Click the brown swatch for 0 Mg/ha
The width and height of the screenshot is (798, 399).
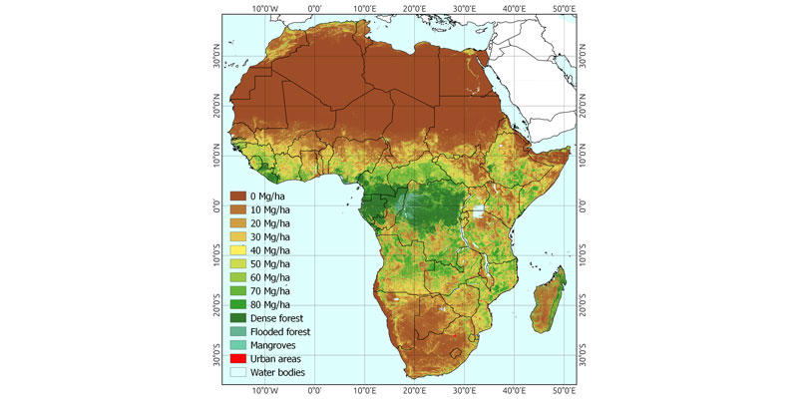click(x=239, y=197)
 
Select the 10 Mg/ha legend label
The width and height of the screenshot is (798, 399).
click(x=276, y=209)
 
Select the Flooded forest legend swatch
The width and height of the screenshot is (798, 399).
click(x=239, y=331)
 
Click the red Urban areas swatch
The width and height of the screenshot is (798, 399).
click(x=239, y=358)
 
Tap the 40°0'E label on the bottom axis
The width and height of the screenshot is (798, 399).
click(x=514, y=390)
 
